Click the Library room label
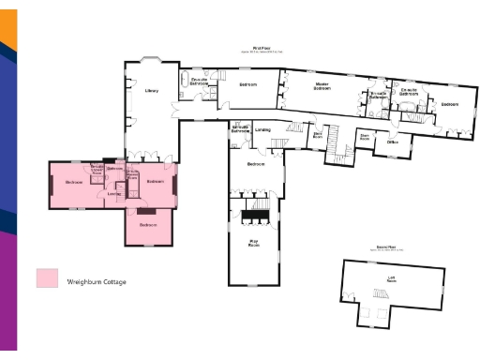click(151, 91)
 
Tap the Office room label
click(393, 142)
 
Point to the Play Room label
click(252, 243)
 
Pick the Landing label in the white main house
click(262, 130)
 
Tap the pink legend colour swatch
click(47, 278)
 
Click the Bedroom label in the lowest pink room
click(148, 225)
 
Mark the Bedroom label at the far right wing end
click(450, 104)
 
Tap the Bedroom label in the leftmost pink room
click(74, 181)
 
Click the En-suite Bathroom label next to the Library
click(199, 82)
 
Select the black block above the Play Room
click(253, 216)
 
